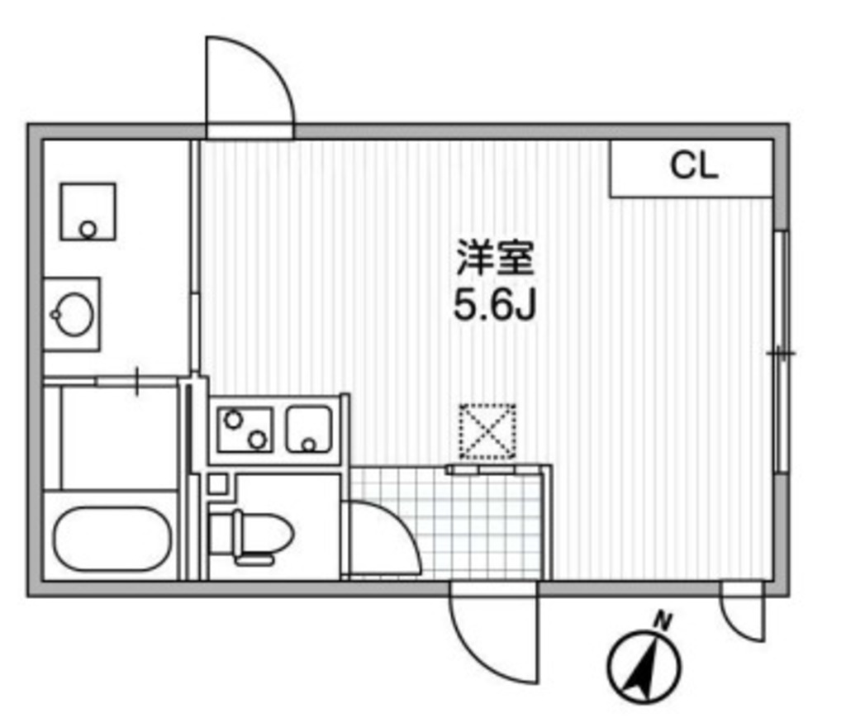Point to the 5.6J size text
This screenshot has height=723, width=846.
click(x=495, y=307)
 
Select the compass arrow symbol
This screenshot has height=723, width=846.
click(x=644, y=666)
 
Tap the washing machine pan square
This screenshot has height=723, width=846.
click(x=88, y=212)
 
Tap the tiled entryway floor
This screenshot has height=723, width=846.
click(x=479, y=521)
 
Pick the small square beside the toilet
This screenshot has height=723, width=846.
click(x=216, y=484)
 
